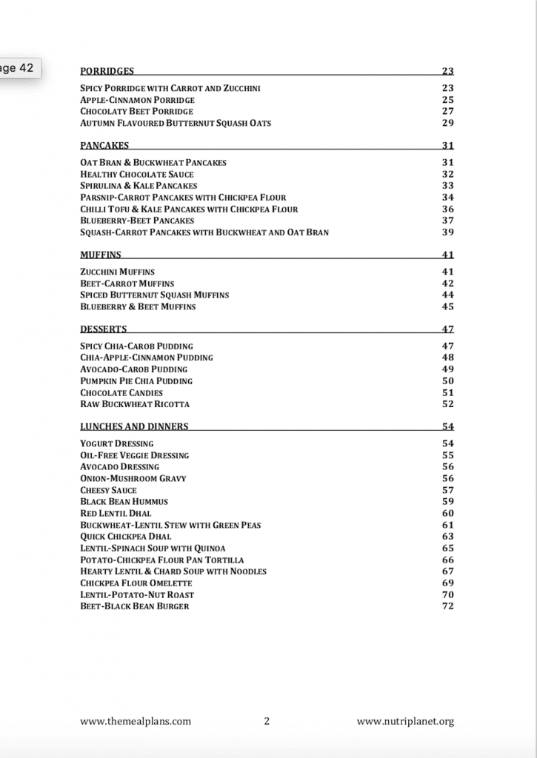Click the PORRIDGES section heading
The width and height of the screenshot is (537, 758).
point(107,71)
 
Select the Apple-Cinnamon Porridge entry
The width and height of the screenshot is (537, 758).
point(138,100)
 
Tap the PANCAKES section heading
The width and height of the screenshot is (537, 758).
point(104,145)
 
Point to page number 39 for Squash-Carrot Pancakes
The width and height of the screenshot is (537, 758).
point(447,232)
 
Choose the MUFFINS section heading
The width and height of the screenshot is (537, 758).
point(101,255)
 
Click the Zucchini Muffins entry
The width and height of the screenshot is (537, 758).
point(118,272)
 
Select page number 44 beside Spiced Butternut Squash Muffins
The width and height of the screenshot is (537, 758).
point(447,295)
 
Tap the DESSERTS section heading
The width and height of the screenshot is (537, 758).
point(104,329)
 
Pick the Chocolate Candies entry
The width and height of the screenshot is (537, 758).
point(121,392)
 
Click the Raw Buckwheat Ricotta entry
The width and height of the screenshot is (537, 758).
point(135,404)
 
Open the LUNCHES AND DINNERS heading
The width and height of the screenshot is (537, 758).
point(134,426)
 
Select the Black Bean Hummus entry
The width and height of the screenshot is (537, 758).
point(124,501)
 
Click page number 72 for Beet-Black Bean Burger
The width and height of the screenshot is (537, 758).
point(447,606)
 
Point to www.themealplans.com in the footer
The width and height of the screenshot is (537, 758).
point(136,721)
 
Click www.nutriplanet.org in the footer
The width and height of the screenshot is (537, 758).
point(405,721)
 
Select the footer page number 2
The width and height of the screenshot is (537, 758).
point(267,721)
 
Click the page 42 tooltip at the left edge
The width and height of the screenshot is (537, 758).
point(18,67)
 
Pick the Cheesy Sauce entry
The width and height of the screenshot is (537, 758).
point(109,490)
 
